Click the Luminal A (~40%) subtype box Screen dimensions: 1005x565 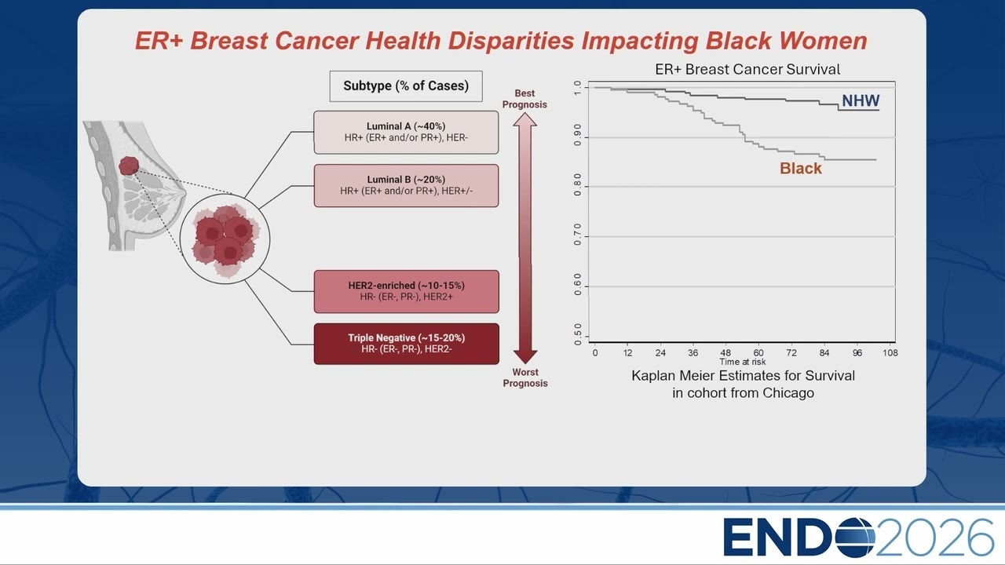[406, 133]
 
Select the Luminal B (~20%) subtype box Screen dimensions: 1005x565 [406, 186]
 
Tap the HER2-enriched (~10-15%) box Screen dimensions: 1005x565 [406, 291]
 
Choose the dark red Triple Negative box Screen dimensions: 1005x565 [406, 344]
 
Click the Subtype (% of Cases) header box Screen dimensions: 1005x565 [406, 86]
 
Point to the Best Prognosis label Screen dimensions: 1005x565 [524, 99]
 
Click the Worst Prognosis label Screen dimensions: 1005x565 [525, 377]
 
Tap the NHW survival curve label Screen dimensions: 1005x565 [861, 100]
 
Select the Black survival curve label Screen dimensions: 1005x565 [800, 169]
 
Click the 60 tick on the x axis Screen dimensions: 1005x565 [758, 353]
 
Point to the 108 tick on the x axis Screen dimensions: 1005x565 [890, 353]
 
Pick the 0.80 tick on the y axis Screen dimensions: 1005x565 [577, 184]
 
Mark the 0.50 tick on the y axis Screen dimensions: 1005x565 [577, 334]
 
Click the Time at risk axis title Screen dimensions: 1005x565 [743, 362]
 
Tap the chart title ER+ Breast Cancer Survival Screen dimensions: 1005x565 [747, 70]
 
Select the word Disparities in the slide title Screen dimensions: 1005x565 [511, 41]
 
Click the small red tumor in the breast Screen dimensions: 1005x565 [129, 166]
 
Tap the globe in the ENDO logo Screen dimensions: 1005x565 [855, 538]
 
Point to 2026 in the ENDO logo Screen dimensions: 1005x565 [934, 538]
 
